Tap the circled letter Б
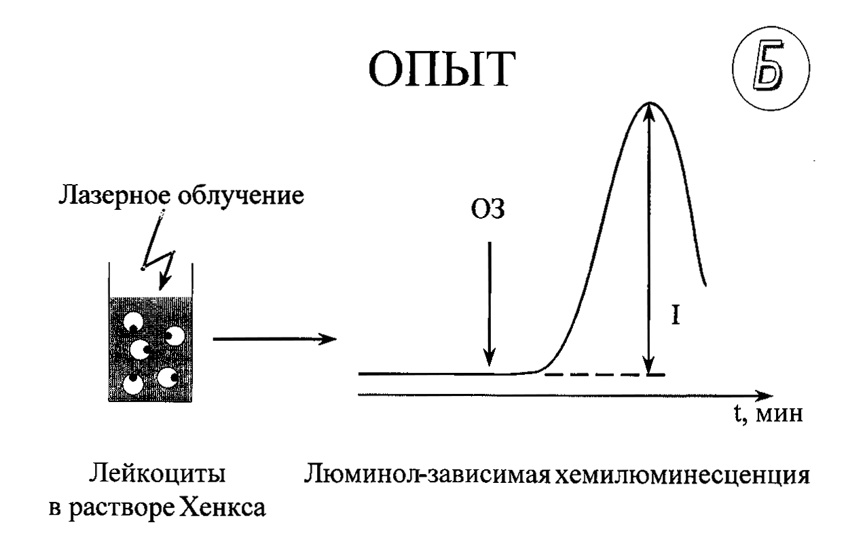tap(771, 69)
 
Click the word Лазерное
tap(115, 196)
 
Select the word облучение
tap(241, 195)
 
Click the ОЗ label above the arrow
tap(487, 209)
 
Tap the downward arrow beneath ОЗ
tap(490, 304)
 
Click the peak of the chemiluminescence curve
tap(649, 103)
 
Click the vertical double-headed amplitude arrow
tap(649, 238)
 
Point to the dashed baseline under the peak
tap(604, 375)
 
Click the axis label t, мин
tap(768, 414)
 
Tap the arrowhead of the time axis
tap(764, 396)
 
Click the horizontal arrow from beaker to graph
tap(275, 339)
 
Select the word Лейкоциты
tap(157, 474)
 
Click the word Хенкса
tap(224, 507)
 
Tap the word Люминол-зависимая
tap(427, 475)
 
